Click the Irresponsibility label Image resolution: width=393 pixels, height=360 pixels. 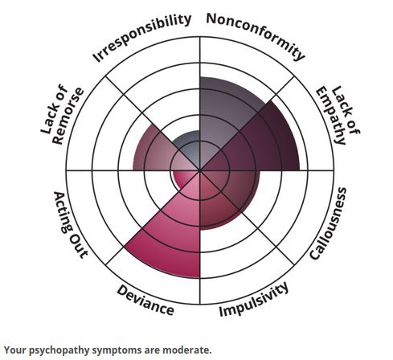tap(142, 37)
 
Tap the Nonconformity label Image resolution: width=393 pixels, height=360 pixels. tap(256, 35)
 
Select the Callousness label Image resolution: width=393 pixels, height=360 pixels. tap(329, 223)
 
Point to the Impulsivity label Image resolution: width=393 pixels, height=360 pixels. tap(254, 300)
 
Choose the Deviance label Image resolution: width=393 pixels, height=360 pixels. tap(145, 300)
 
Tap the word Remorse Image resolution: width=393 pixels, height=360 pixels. tap(68, 116)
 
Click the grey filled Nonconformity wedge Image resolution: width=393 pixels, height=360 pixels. tap(225, 112)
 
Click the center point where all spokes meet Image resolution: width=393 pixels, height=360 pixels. tap(200, 170)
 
